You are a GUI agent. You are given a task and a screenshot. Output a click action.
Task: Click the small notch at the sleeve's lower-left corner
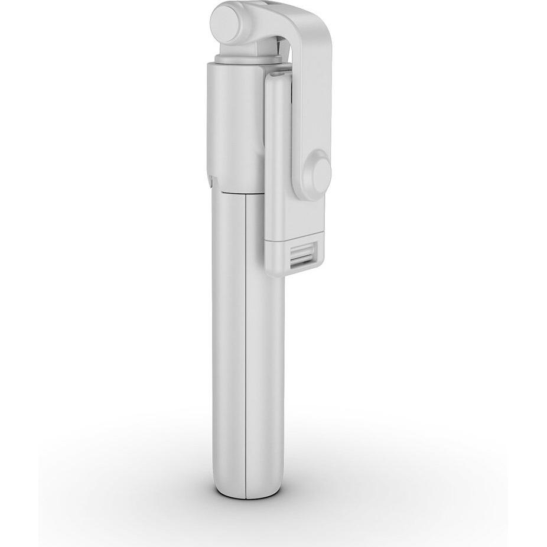pyautogui.click(x=211, y=177)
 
